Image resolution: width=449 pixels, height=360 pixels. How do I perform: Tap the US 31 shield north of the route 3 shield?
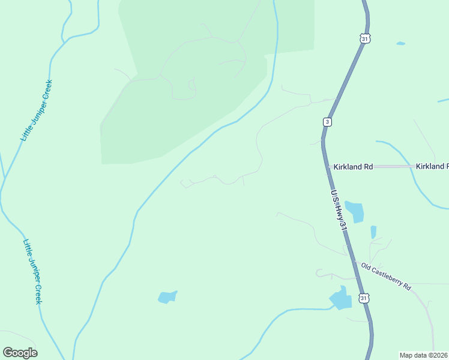tap(365, 38)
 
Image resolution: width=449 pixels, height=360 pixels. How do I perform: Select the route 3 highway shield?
tap(327, 122)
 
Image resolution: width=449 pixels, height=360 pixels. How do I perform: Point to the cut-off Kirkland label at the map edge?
tap(432, 166)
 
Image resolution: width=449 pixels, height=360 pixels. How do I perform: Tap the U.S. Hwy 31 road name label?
tap(339, 211)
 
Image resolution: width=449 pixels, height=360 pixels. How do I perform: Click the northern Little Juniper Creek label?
tap(37, 110)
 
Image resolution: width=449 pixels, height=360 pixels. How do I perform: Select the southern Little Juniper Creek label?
tap(32, 271)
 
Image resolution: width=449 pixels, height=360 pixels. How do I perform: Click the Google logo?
tap(20, 352)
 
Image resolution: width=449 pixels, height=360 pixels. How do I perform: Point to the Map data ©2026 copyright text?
tap(424, 355)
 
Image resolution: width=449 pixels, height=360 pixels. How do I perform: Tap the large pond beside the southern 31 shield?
tap(340, 298)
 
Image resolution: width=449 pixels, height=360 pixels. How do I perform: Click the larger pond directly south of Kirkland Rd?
tap(355, 211)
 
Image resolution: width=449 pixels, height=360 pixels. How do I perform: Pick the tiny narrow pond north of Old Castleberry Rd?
tap(373, 232)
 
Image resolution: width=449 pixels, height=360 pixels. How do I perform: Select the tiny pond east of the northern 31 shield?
tap(400, 43)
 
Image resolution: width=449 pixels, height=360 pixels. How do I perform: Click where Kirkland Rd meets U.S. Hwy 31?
tap(328, 166)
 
